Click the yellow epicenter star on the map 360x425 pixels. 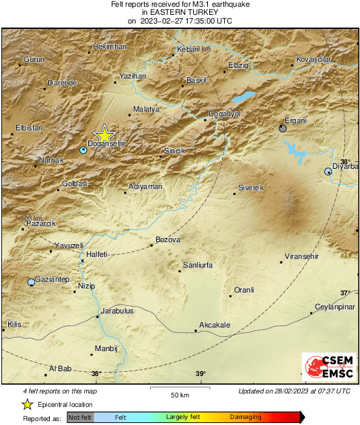104,134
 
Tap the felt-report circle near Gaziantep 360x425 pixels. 31,282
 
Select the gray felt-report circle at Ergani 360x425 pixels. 283,128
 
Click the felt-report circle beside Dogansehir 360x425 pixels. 83,150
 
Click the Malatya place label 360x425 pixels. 146,108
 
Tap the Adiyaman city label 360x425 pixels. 145,186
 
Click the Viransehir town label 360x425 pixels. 301,257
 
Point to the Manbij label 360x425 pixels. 107,348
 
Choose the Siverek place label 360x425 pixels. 250,188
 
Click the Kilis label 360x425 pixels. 14,324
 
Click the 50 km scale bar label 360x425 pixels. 179,394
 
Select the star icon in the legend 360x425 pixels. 27,404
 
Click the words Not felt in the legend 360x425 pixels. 79,418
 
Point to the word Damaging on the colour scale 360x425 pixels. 246,418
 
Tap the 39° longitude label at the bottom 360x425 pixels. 200,374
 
